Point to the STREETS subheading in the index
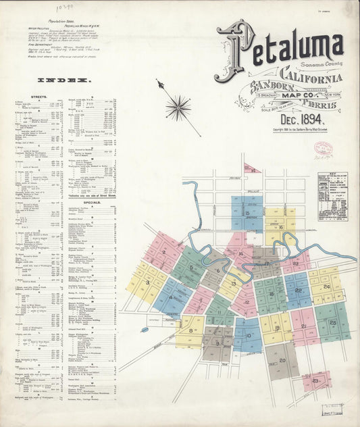pos(39,97)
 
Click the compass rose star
pos(178,105)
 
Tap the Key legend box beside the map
pos(333,195)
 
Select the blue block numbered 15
pos(247,214)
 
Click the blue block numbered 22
pos(298,290)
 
